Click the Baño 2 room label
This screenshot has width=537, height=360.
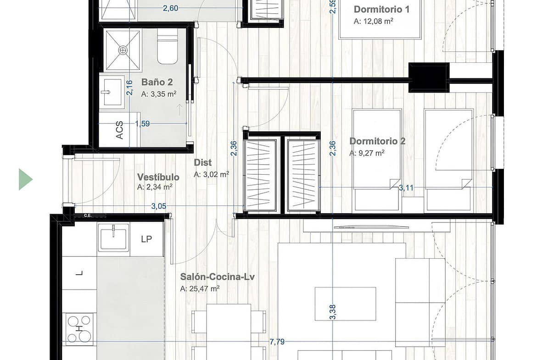(x=157, y=82)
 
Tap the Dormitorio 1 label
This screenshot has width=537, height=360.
(x=381, y=9)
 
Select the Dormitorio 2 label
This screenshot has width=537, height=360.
(x=377, y=141)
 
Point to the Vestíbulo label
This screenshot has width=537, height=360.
(x=158, y=177)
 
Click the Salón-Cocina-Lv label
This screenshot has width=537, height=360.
(x=218, y=277)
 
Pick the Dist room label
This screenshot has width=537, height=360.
(x=203, y=162)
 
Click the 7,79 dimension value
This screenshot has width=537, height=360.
(x=277, y=342)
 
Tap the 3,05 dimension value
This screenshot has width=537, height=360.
(x=158, y=206)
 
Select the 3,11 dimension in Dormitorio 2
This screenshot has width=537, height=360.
(x=406, y=188)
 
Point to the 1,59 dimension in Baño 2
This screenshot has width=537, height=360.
(x=142, y=123)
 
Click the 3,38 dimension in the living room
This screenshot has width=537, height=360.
(x=333, y=312)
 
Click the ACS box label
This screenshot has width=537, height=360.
(x=119, y=130)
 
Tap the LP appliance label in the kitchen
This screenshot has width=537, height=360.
(x=146, y=239)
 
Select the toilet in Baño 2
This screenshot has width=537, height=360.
(x=168, y=46)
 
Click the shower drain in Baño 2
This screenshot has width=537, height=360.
(x=123, y=50)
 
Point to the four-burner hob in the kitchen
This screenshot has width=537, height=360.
(x=79, y=329)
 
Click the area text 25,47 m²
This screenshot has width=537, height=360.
(x=200, y=289)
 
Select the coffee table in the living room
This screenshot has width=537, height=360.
(x=345, y=304)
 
